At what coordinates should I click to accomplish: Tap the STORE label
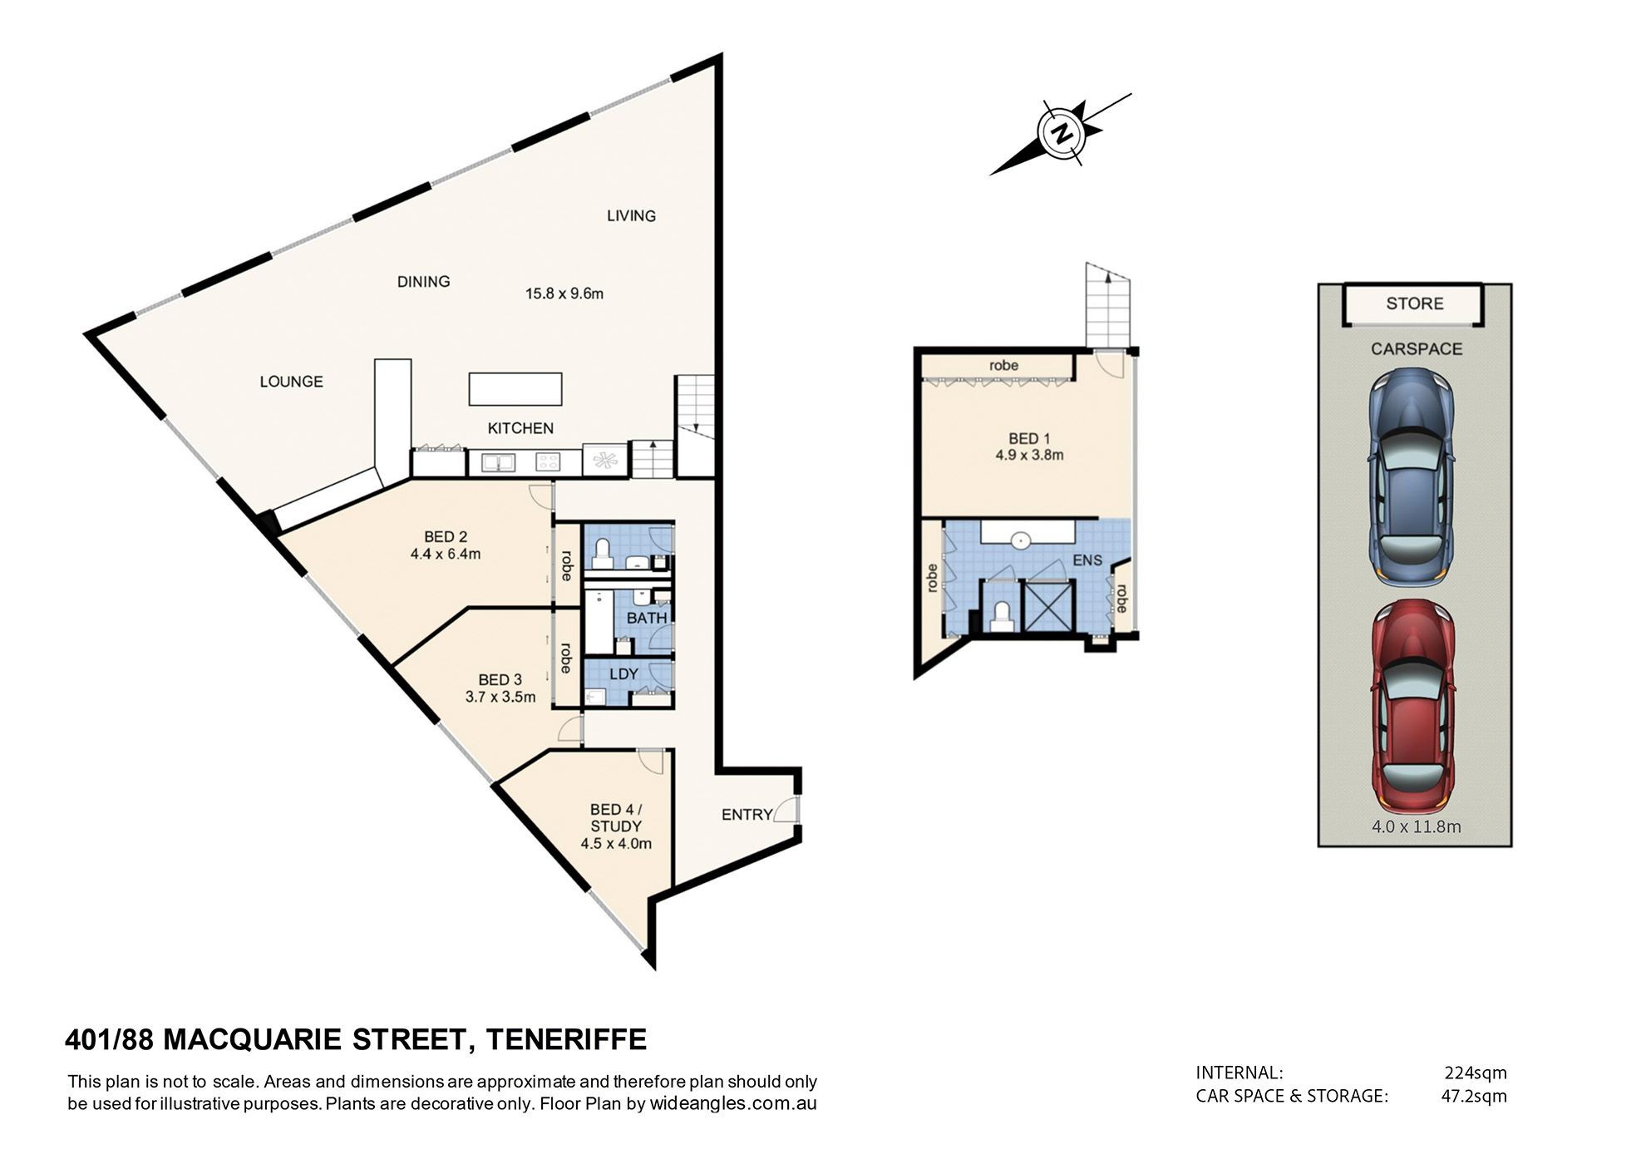(1415, 303)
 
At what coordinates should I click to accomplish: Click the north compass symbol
(1061, 133)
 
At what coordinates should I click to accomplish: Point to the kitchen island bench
(515, 389)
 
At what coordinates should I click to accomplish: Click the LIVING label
(631, 216)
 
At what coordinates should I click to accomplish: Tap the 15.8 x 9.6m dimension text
(564, 293)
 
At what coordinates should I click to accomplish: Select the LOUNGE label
(291, 382)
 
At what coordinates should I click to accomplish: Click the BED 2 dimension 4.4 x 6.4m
(446, 554)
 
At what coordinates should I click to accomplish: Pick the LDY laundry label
(623, 674)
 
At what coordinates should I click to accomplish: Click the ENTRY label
(747, 815)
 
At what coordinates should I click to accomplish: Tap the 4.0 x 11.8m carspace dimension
(1417, 826)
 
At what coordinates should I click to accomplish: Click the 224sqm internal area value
(1476, 1073)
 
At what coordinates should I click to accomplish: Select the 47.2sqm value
(1474, 1096)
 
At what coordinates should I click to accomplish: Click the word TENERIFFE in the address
(566, 1040)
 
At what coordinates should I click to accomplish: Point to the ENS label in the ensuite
(1087, 560)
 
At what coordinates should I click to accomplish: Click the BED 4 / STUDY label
(616, 818)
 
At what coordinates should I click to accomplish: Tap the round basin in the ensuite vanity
(1021, 540)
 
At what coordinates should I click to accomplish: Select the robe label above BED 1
(1003, 365)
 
